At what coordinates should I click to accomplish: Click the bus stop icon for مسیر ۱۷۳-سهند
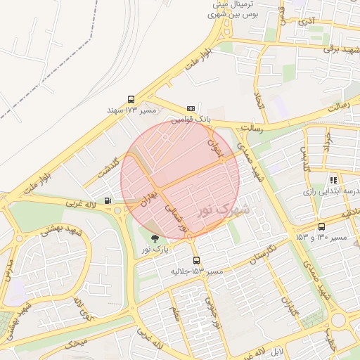point(131,100)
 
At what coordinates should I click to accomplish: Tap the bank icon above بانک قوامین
point(191,109)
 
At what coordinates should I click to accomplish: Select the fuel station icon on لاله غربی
point(107,200)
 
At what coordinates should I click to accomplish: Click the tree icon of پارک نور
point(155,239)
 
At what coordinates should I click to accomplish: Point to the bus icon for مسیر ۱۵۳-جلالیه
point(195,260)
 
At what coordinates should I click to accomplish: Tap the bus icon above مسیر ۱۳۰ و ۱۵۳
point(321,226)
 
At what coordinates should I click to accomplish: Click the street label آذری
point(306,22)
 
